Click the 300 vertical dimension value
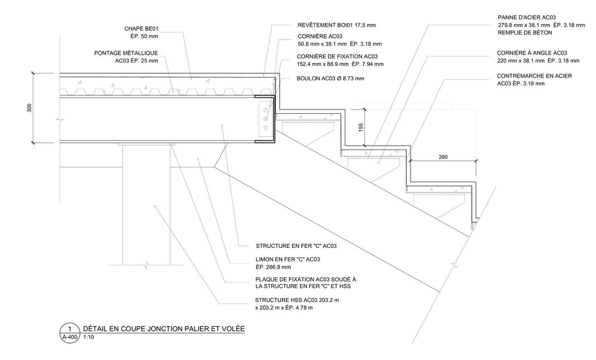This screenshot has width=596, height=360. point(30,108)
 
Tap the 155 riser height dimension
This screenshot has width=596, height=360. point(361,127)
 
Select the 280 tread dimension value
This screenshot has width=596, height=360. point(443,157)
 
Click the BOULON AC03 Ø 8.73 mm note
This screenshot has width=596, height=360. point(330,78)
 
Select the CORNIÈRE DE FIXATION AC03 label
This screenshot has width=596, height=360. point(337,56)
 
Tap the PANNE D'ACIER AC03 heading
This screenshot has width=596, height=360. point(527,17)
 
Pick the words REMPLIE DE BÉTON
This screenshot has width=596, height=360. point(525,33)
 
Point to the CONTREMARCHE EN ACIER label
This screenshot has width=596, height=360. point(534,75)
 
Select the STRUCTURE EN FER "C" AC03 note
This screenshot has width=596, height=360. point(296,246)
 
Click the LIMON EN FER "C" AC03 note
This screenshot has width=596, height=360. point(288,259)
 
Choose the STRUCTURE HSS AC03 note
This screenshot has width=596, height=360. point(297,300)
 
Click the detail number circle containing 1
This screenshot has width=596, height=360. point(70,328)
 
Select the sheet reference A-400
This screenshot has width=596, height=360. point(70,337)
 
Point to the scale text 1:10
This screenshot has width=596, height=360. point(88,337)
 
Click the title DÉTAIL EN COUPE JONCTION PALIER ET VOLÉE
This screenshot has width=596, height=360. point(164,328)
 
